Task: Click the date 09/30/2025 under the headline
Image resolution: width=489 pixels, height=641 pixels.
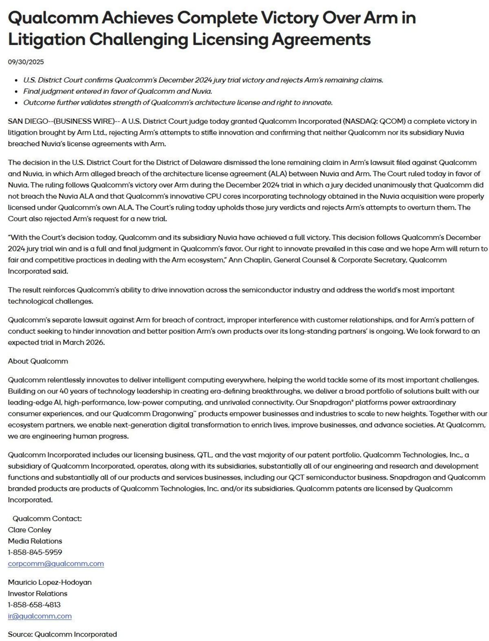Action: point(26,62)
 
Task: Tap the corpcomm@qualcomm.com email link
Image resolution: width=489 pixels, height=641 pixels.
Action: point(56,564)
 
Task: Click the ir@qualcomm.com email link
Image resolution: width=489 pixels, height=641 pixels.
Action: point(40,616)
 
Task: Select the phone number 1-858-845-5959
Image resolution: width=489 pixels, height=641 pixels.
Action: point(35,552)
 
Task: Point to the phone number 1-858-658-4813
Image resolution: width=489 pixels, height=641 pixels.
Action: point(34,605)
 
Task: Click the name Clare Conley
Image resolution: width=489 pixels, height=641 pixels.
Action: point(30,530)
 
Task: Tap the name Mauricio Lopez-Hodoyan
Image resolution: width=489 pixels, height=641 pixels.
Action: point(50,582)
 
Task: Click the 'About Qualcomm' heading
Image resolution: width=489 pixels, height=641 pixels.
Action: point(38,361)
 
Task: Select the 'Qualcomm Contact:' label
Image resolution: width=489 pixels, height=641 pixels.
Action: point(47,518)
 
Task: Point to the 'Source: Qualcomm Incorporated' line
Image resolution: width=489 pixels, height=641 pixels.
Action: point(62,634)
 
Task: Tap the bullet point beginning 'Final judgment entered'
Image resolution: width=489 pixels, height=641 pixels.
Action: point(117,91)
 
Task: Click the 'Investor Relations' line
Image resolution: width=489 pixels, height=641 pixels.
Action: point(37,593)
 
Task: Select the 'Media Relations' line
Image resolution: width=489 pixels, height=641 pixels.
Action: point(35,541)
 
